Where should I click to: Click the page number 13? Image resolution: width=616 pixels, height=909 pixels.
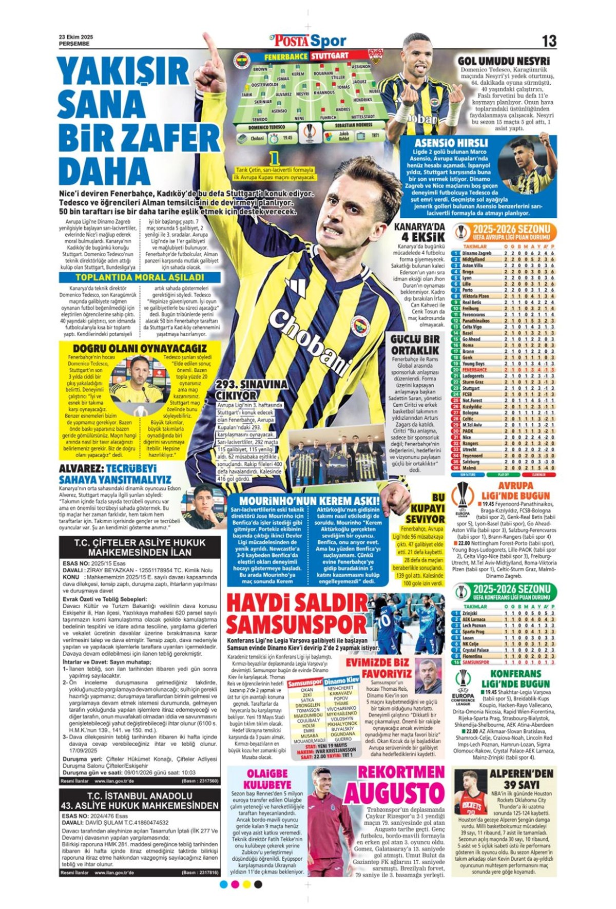pyautogui.click(x=549, y=41)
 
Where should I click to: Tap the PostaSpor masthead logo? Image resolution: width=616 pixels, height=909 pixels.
pyautogui.click(x=308, y=41)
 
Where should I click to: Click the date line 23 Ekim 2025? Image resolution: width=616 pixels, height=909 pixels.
pyautogui.click(x=76, y=37)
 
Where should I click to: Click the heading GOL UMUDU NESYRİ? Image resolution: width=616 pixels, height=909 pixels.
pyautogui.click(x=504, y=61)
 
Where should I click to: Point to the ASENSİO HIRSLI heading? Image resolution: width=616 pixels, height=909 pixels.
pyautogui.click(x=451, y=143)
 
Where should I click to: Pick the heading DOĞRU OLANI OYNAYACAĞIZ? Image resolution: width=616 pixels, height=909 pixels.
pyautogui.click(x=140, y=348)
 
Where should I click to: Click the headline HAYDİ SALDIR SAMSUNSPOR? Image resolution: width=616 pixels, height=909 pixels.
pyautogui.click(x=297, y=614)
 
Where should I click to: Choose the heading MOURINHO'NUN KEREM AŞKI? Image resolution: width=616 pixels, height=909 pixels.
pyautogui.click(x=310, y=501)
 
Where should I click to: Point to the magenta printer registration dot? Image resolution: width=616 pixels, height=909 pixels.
pyautogui.click(x=235, y=884)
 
